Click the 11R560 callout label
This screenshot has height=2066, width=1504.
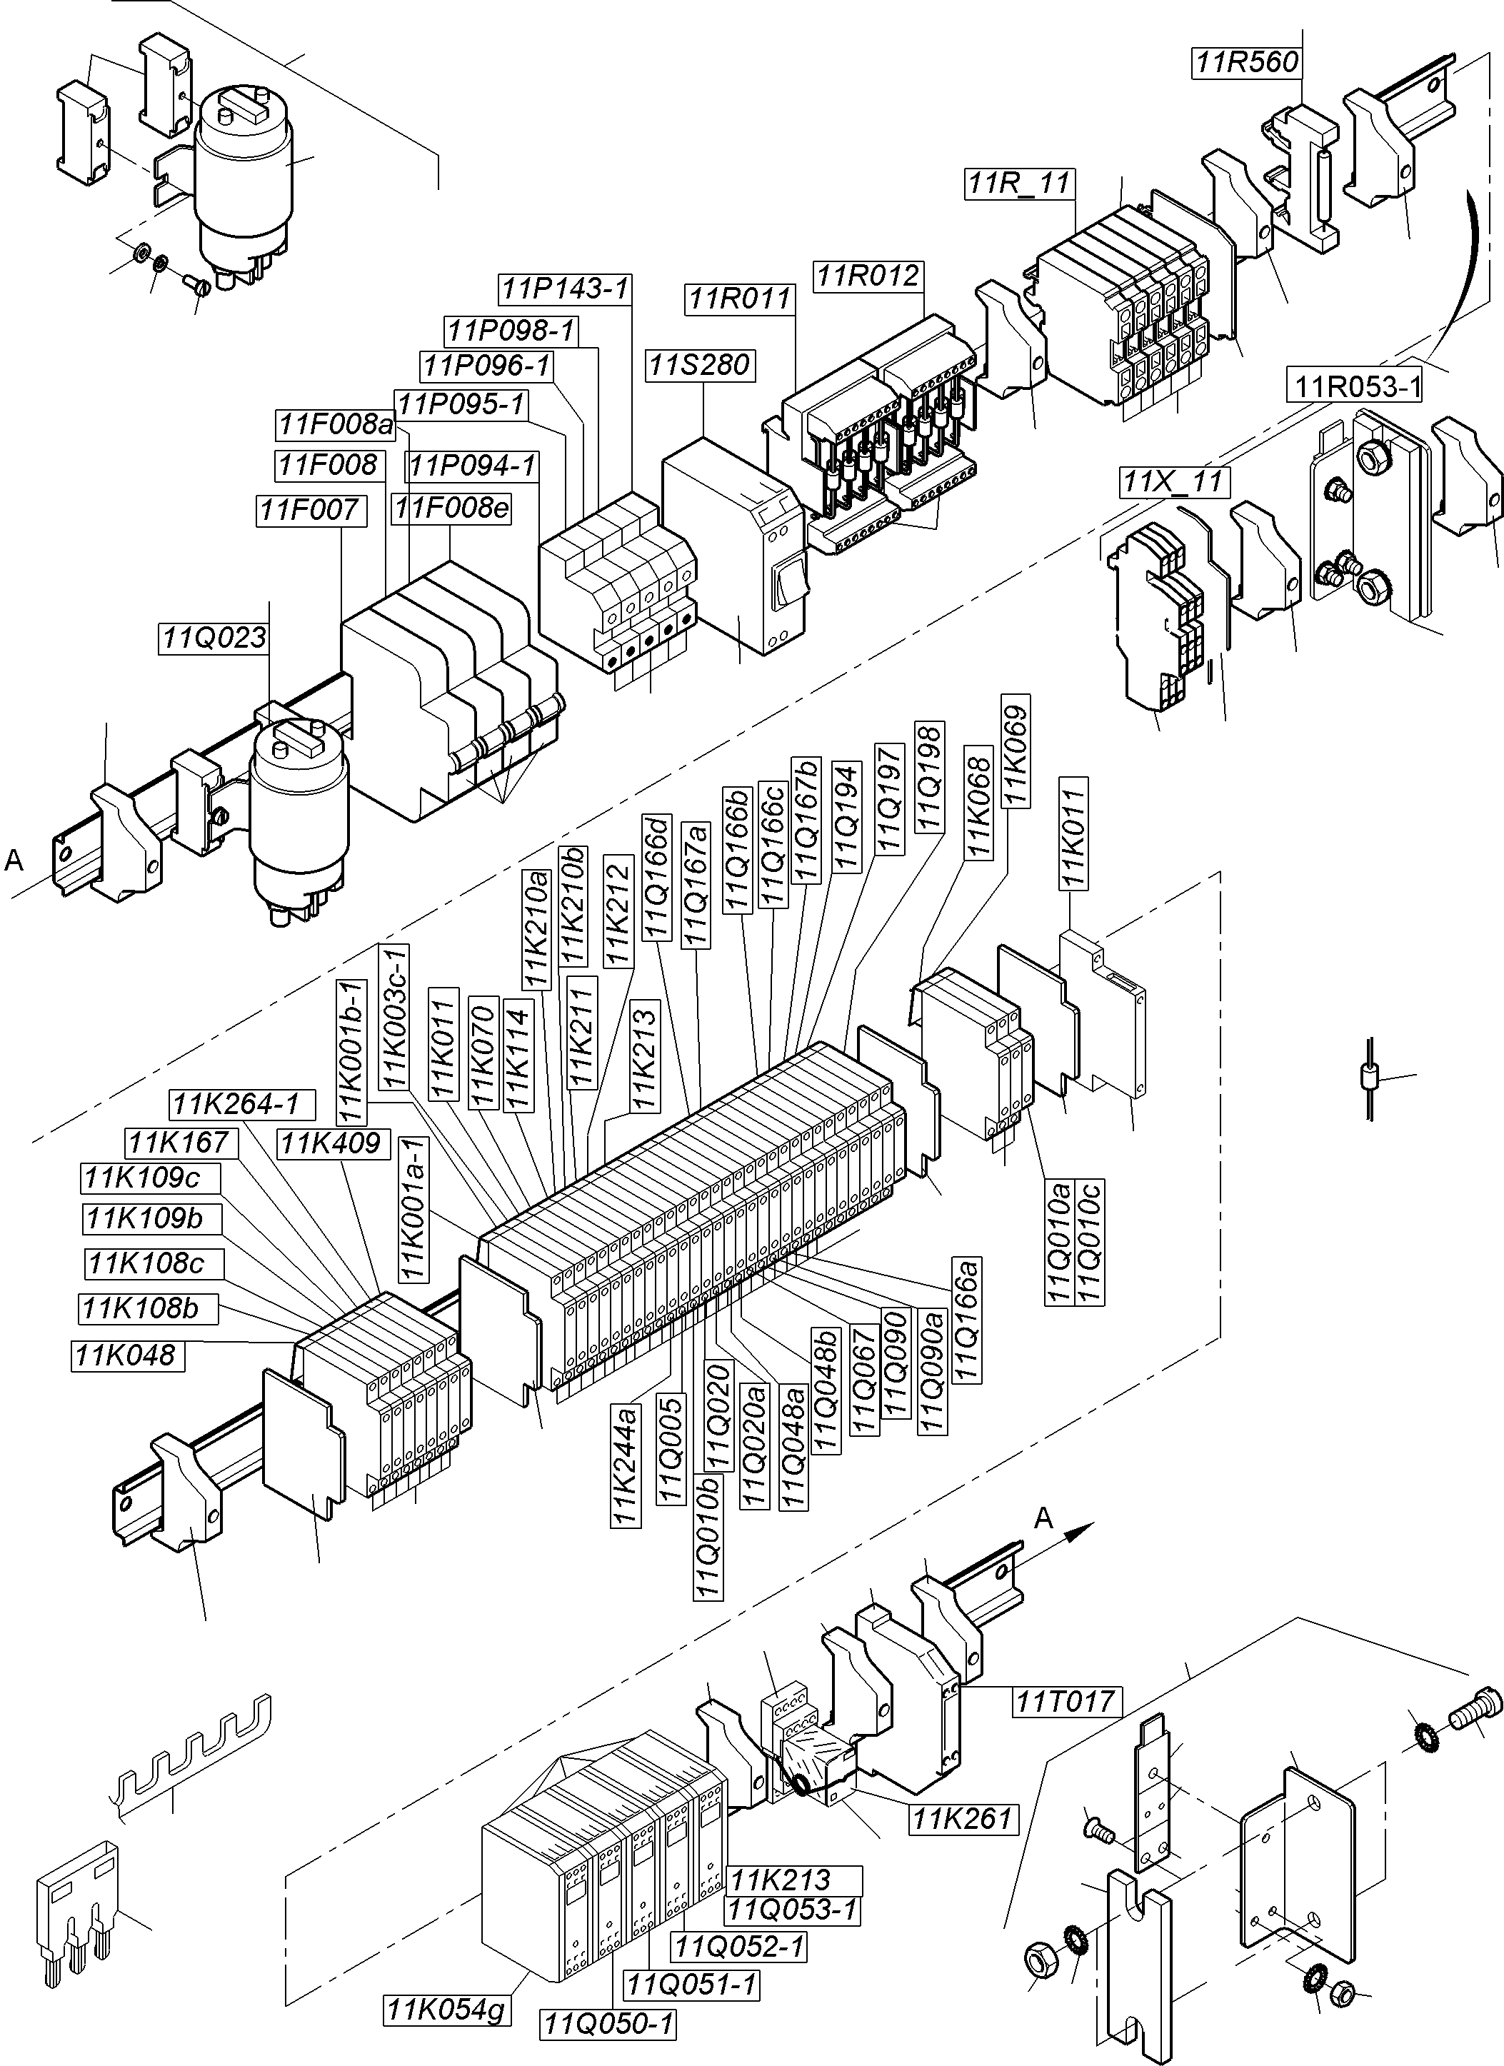click(x=1247, y=62)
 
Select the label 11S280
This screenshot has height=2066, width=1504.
click(x=700, y=364)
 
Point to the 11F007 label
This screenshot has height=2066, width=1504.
click(x=310, y=509)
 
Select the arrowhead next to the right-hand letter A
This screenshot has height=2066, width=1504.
click(x=1078, y=1533)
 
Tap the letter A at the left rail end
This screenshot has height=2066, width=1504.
click(x=14, y=860)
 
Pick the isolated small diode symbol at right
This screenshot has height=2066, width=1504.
click(x=1370, y=1080)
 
